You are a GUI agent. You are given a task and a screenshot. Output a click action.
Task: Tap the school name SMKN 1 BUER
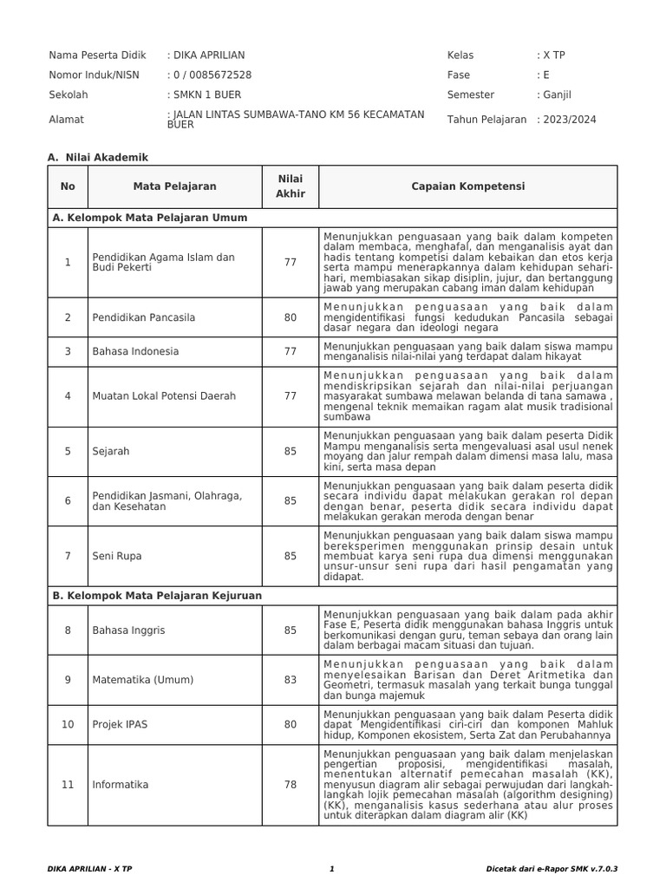point(206,95)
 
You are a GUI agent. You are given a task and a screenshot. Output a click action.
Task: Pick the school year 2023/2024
point(570,120)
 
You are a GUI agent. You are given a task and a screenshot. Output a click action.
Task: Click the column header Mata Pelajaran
point(174,186)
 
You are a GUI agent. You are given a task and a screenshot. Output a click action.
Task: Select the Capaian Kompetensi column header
point(467,186)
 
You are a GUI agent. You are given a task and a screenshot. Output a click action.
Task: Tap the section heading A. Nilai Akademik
point(98,157)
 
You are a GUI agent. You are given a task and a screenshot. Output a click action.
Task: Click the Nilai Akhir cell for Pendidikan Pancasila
point(290,317)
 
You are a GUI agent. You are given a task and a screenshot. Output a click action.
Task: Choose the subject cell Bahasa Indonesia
point(135,351)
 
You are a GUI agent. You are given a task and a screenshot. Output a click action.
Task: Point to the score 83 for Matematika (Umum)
point(290,680)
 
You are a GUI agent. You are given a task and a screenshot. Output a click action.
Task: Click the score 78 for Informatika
point(290,785)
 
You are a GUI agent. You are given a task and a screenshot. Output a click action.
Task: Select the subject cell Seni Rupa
point(117,556)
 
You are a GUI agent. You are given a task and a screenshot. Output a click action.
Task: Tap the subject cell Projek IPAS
point(121,724)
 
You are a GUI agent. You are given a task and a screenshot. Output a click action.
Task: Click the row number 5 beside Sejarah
point(68,452)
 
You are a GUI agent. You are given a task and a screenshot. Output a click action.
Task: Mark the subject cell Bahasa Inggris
point(128,630)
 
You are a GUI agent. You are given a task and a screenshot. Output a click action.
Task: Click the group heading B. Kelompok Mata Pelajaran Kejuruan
point(157,597)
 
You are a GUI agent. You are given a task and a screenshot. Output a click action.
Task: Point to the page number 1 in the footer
point(332,868)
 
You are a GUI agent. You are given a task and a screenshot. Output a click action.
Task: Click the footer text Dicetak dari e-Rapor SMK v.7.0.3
point(557,868)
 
